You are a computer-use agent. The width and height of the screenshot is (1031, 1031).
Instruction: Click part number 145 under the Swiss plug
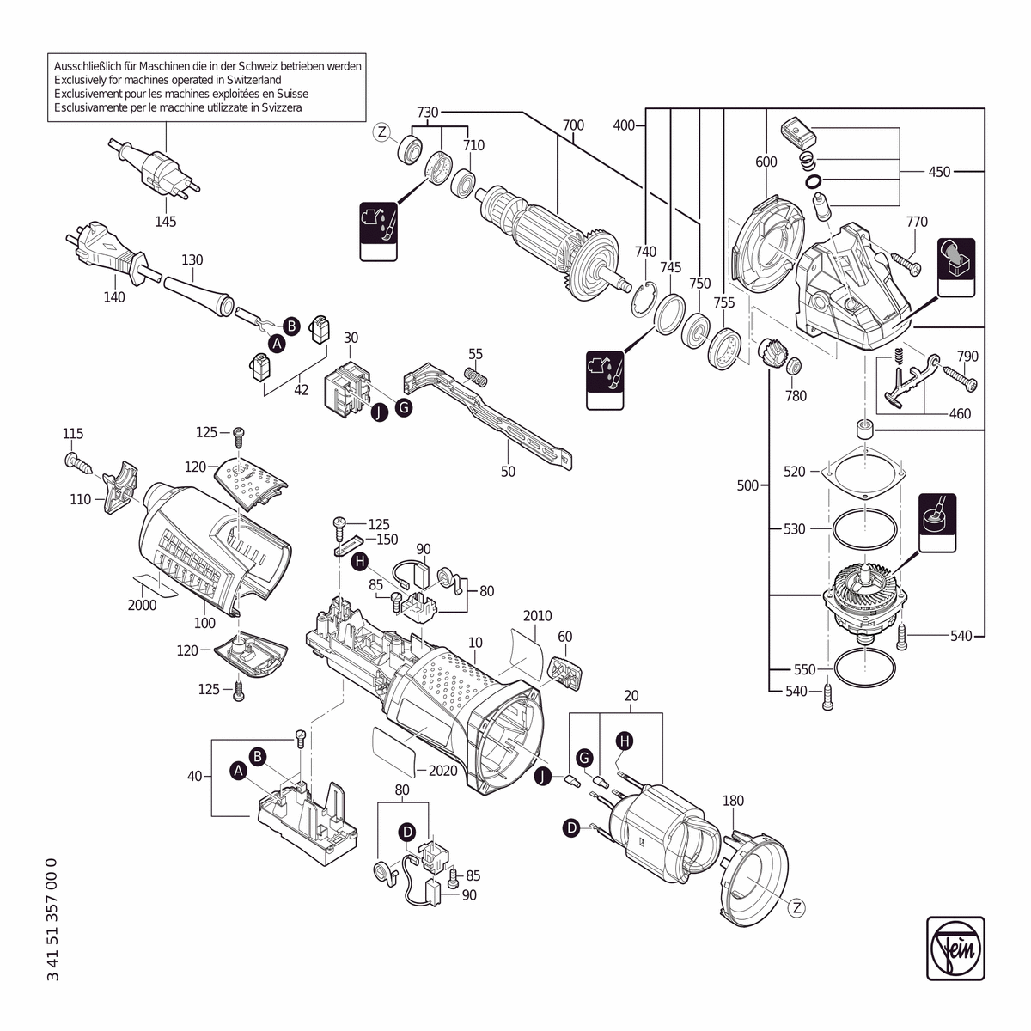pos(166,222)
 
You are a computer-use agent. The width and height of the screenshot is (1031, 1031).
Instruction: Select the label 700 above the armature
pos(573,125)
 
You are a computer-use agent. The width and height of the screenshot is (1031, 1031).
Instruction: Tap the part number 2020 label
pos(442,771)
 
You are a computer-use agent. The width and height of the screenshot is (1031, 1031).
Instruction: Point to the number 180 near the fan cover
pos(733,801)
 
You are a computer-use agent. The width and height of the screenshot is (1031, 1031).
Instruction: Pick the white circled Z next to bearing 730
pos(383,131)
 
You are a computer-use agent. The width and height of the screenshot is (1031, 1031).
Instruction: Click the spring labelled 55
pos(476,375)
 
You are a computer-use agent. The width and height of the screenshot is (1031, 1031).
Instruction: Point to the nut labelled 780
pos(795,367)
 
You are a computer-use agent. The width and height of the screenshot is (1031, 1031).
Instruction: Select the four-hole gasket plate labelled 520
pos(864,472)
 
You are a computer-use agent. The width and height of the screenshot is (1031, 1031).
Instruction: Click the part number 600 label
pos(766,162)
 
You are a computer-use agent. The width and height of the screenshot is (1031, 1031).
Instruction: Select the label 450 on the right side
pos(939,172)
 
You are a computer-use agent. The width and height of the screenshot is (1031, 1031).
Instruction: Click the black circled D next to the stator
pos(571,827)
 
